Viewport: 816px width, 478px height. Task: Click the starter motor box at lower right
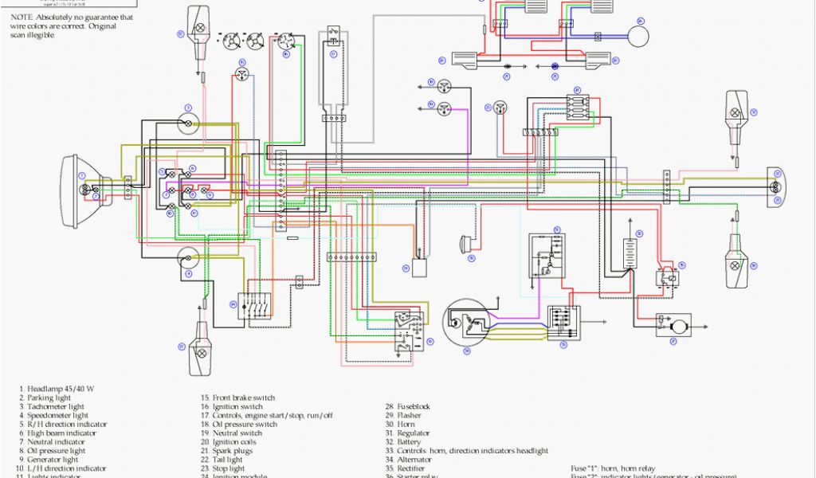tap(673, 325)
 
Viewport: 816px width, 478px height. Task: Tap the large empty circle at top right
tap(637, 36)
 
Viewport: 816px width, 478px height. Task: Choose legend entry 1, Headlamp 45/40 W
tap(57, 389)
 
